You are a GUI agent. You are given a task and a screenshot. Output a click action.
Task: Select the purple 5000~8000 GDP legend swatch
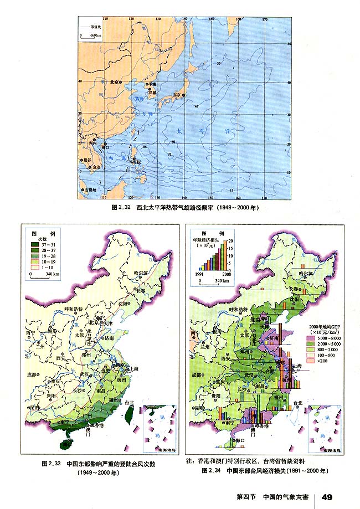coord(305,338)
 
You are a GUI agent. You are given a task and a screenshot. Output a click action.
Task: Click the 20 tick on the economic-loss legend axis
coord(232,240)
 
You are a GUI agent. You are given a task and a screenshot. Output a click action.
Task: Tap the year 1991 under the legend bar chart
coord(199,274)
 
